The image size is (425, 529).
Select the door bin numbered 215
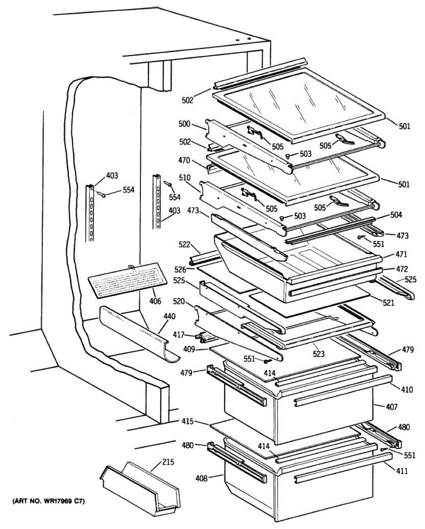pyautogui.click(x=141, y=489)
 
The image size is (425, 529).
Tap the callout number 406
pyautogui.click(x=155, y=302)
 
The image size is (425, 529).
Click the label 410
pyautogui.click(x=407, y=389)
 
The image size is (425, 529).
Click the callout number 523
pyautogui.click(x=319, y=354)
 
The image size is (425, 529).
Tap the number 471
pyautogui.click(x=401, y=254)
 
